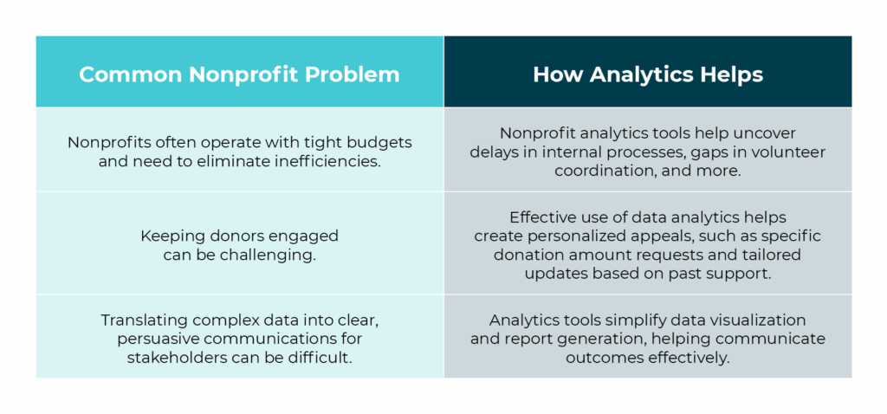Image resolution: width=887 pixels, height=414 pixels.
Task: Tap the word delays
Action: point(493,152)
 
